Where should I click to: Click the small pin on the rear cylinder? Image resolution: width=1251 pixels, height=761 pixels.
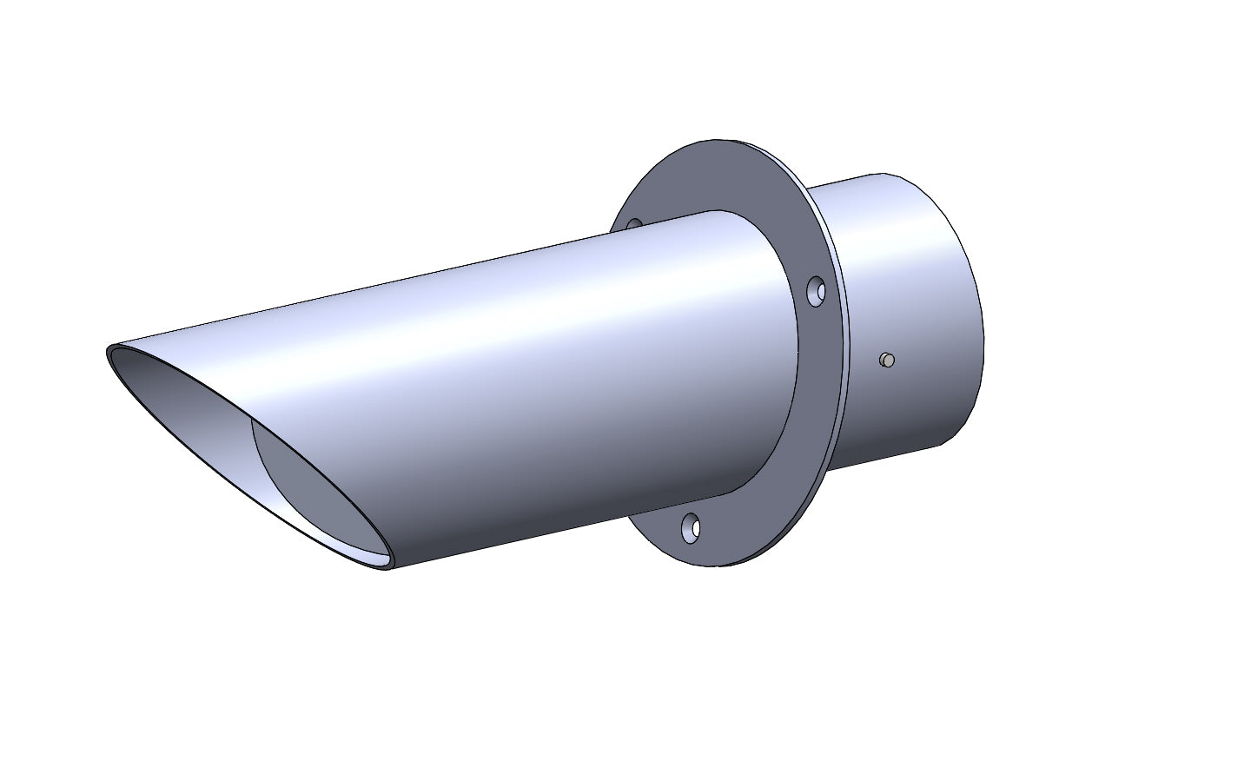click(x=886, y=360)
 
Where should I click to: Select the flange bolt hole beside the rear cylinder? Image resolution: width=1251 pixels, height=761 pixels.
click(x=817, y=292)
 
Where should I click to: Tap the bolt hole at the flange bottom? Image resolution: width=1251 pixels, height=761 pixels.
click(x=691, y=527)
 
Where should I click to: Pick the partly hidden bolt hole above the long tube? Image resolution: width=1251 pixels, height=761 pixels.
click(x=633, y=224)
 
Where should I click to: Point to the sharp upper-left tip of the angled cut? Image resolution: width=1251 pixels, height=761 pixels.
click(x=111, y=350)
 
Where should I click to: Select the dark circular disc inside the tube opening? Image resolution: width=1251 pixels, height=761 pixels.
click(x=321, y=486)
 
